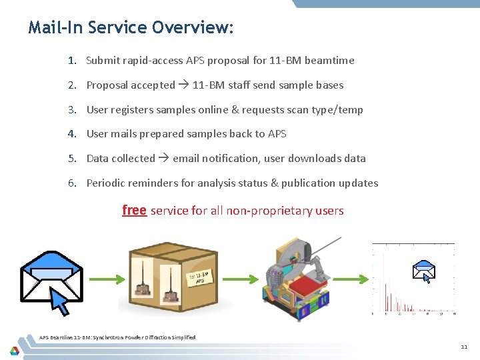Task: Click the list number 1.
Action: pyautogui.click(x=71, y=60)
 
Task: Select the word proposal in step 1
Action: pyautogui.click(x=229, y=61)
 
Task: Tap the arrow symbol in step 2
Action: pyautogui.click(x=184, y=85)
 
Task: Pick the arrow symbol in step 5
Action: pyautogui.click(x=163, y=159)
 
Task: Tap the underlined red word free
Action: pyautogui.click(x=134, y=211)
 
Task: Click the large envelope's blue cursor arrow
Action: pyautogui.click(x=61, y=302)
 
